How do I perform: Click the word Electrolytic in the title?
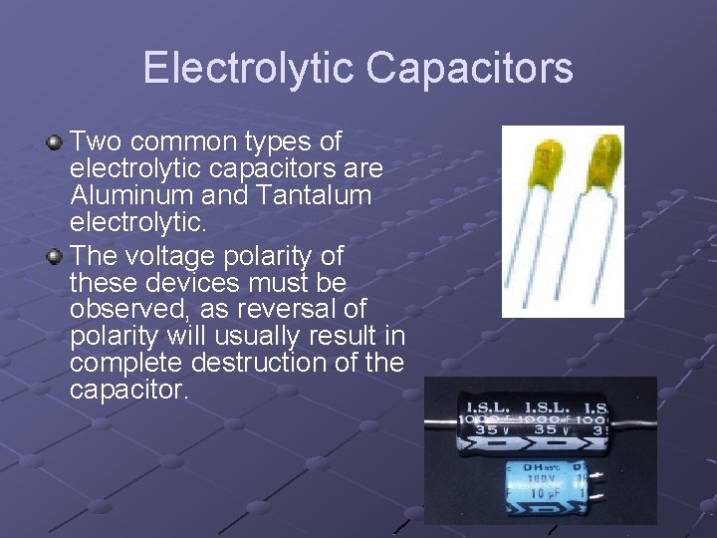tap(249, 68)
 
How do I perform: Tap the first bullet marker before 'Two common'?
tap(56, 143)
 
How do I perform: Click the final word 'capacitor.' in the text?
tap(128, 388)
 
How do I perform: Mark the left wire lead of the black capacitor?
tap(439, 424)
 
